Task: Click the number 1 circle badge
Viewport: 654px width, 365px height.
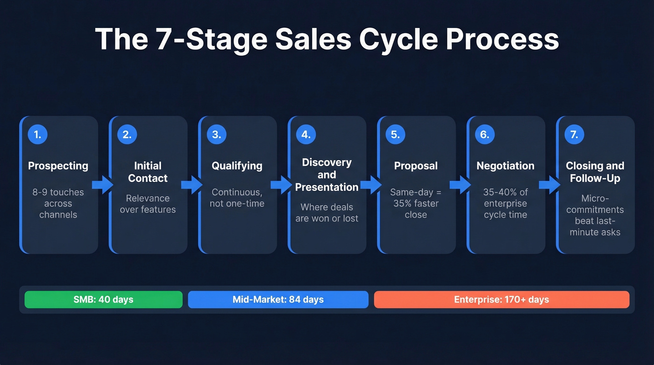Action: tap(37, 135)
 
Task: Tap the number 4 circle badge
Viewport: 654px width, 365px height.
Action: tap(306, 135)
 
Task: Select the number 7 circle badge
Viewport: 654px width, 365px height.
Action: tap(574, 135)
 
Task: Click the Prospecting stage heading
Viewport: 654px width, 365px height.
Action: tap(58, 166)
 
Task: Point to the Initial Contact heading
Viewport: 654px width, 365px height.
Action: tap(148, 172)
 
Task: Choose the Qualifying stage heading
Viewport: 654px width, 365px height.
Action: tap(237, 166)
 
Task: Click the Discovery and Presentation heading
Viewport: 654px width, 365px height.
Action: tap(327, 175)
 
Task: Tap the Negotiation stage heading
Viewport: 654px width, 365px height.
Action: tap(505, 166)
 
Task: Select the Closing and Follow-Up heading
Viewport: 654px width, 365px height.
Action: tap(595, 172)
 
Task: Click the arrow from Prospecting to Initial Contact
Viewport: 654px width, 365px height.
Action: tap(102, 185)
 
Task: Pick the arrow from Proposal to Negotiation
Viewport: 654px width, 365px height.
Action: tap(460, 185)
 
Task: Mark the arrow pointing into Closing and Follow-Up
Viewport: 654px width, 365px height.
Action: tap(550, 185)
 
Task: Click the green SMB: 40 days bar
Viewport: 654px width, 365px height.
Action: tap(103, 300)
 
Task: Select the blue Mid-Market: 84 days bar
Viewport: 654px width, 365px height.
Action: tap(278, 300)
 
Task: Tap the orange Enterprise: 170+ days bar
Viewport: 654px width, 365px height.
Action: tap(501, 300)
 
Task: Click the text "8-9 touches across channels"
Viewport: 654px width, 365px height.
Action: tap(58, 203)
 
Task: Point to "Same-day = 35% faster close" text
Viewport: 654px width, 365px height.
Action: tap(416, 203)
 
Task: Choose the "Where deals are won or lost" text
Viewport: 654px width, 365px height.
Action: tap(327, 213)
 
